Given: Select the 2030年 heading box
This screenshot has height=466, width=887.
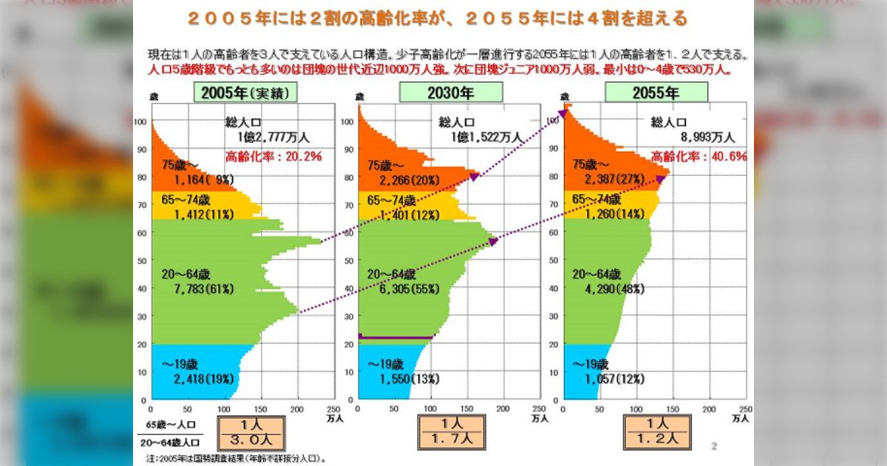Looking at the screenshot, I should pos(451,92).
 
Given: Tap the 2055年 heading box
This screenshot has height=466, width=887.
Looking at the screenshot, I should pos(656,92).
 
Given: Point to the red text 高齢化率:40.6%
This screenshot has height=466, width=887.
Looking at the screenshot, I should pos(699,157).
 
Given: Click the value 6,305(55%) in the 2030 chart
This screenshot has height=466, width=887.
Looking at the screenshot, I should pos(401,288).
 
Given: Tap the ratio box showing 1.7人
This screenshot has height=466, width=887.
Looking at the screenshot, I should pos(451,431).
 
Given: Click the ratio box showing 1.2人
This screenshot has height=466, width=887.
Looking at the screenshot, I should pos(657,431).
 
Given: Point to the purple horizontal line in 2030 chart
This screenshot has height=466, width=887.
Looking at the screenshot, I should pos(395,337).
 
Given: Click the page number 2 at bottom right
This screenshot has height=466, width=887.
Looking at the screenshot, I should pos(714,445).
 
